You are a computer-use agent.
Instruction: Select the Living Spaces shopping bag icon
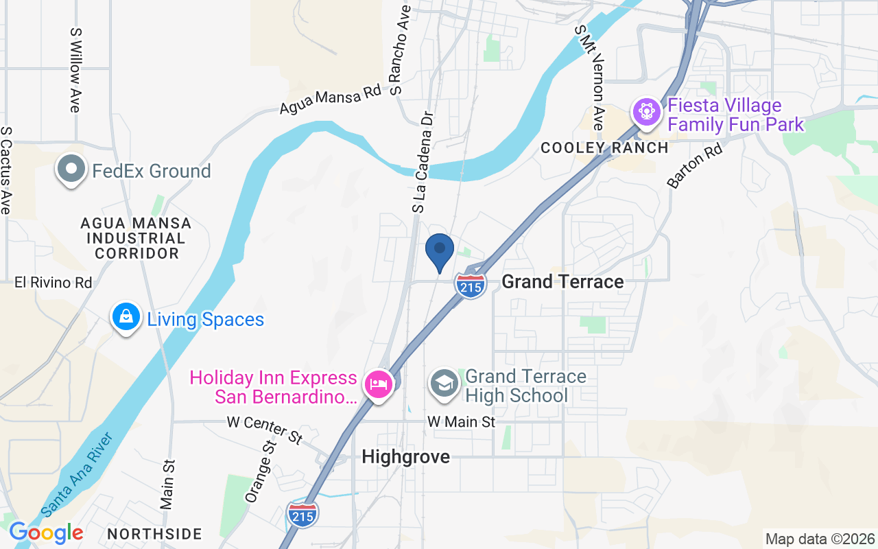click(x=126, y=318)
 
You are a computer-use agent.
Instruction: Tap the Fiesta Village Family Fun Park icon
click(x=646, y=112)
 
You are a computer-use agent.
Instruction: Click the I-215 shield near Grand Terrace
click(x=471, y=285)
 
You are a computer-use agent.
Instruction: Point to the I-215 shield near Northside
click(x=302, y=513)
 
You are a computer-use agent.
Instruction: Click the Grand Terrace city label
click(x=562, y=281)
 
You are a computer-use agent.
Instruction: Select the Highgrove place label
click(x=405, y=456)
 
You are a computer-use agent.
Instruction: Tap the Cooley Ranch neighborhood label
click(x=604, y=148)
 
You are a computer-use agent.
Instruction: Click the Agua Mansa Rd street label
click(x=330, y=100)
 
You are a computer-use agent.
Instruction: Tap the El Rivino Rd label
click(x=54, y=283)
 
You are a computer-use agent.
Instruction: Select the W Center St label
click(x=265, y=430)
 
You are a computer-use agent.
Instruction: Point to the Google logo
click(x=46, y=533)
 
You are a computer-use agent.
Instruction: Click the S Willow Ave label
click(x=75, y=70)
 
